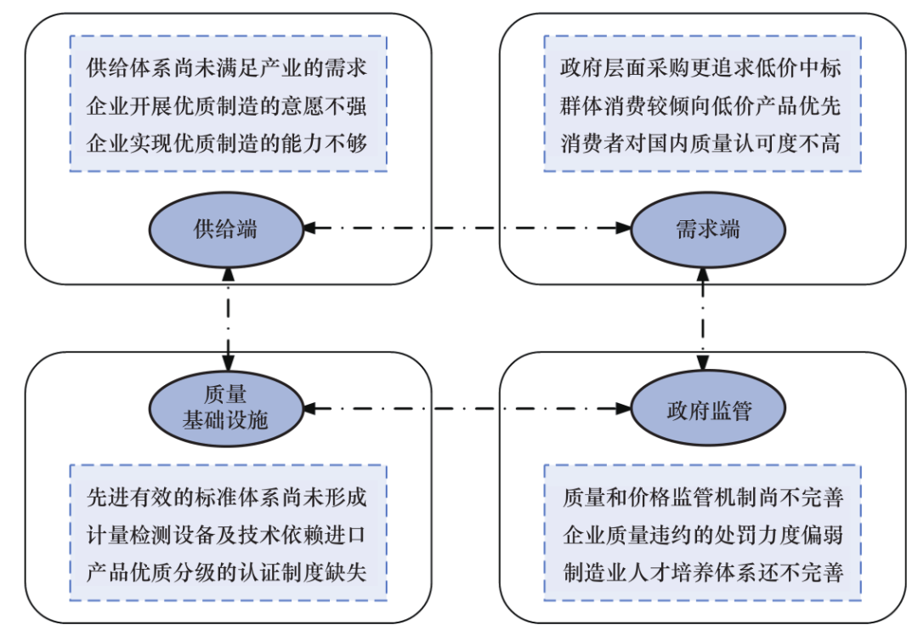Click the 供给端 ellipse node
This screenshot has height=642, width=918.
point(226,229)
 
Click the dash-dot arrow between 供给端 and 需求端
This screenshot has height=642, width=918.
point(467,228)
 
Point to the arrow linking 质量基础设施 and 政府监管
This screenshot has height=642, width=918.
point(467,409)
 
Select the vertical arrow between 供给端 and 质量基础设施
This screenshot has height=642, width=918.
point(228,318)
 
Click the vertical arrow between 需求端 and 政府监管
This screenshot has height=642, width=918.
point(702,318)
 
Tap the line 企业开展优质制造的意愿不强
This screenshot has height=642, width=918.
point(227,105)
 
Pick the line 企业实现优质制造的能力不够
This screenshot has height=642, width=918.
point(227,143)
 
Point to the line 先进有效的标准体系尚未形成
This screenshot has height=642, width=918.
point(227,497)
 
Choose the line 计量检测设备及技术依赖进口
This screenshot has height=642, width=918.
point(227,534)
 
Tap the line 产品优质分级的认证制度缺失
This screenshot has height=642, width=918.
point(227,571)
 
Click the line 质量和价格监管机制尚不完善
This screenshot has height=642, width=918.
point(702,497)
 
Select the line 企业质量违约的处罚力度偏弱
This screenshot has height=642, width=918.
point(702,534)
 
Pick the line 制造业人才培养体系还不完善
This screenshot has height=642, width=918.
point(702,571)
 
